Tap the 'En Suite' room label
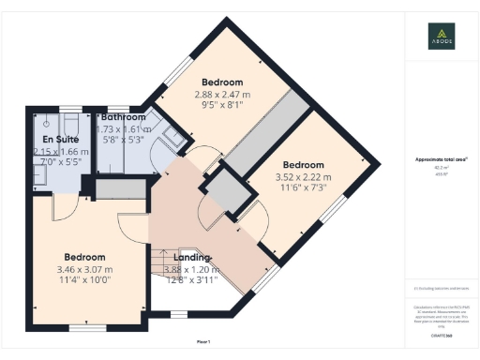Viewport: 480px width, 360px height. coord(58,138)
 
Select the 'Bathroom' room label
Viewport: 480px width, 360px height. coord(124,117)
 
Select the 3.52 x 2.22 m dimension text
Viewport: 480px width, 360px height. coord(303,174)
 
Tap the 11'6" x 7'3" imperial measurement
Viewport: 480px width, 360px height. coord(303,187)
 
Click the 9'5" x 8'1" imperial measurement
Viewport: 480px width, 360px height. coord(223,106)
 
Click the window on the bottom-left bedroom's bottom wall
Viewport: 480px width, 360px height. coord(86,327)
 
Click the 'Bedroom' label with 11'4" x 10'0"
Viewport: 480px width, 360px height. coord(84,256)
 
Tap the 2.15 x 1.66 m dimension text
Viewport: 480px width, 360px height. coord(61,150)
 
